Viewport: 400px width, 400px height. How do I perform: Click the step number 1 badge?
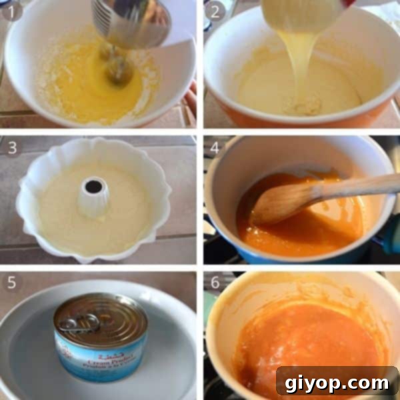tap(12, 11)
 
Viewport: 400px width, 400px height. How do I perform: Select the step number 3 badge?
tap(12, 147)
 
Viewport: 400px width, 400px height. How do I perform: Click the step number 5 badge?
tap(12, 283)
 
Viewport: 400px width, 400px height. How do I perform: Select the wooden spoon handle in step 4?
tap(360, 187)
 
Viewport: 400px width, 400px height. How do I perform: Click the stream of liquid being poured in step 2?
tap(303, 60)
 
